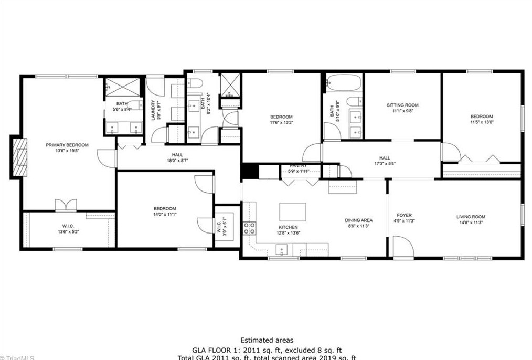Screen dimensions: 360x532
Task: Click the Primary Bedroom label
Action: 67,145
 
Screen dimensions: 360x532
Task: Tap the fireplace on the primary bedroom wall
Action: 19,156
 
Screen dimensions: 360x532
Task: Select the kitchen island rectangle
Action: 293,211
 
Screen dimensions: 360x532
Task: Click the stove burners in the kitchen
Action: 249,228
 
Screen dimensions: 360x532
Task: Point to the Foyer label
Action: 404,215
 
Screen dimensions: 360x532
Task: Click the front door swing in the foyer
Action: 403,248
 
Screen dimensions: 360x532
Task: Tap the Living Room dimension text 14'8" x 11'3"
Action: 471,223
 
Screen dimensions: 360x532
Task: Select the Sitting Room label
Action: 402,105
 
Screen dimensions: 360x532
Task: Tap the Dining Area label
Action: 358,220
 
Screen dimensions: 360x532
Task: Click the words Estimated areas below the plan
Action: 267,340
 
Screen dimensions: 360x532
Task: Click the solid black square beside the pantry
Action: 249,172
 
